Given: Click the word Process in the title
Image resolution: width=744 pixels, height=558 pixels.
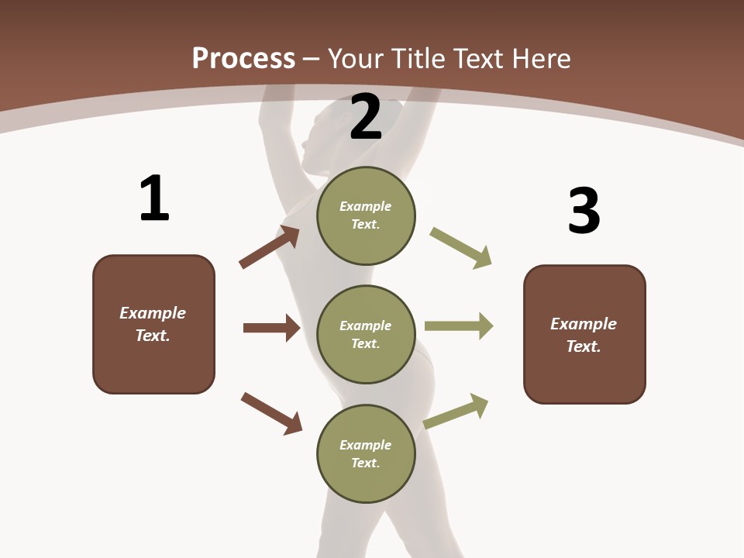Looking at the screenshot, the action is tap(244, 59).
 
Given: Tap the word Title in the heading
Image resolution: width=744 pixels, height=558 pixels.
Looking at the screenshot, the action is tap(419, 58).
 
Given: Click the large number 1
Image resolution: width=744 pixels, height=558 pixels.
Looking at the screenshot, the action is tap(155, 198).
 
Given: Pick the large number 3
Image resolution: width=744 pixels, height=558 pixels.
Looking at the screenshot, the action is tap(584, 209).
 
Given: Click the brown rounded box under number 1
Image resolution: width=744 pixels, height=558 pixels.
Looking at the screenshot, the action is tap(153, 325).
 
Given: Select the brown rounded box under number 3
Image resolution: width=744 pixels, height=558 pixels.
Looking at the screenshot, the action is tap(584, 335).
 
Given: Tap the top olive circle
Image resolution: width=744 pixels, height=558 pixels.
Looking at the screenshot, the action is tap(366, 215).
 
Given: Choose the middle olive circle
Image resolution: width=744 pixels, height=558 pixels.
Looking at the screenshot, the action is tap(366, 335).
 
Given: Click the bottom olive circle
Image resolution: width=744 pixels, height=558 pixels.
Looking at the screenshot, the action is tap(366, 453).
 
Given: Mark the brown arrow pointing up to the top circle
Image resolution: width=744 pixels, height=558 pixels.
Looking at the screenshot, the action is tap(269, 246).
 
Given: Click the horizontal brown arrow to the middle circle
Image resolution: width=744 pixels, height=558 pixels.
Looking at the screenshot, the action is tap(272, 328).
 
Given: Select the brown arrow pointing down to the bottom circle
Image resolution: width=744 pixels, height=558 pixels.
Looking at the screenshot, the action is tap(271, 414).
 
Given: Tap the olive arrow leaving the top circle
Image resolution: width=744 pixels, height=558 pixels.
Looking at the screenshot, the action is tap(460, 248).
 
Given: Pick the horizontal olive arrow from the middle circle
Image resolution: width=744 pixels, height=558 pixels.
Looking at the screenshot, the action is tap(459, 326).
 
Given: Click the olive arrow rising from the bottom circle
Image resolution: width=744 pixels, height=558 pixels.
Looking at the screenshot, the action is tap(455, 411).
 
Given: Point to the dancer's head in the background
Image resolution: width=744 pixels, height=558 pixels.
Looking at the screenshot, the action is tap(327, 138).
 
